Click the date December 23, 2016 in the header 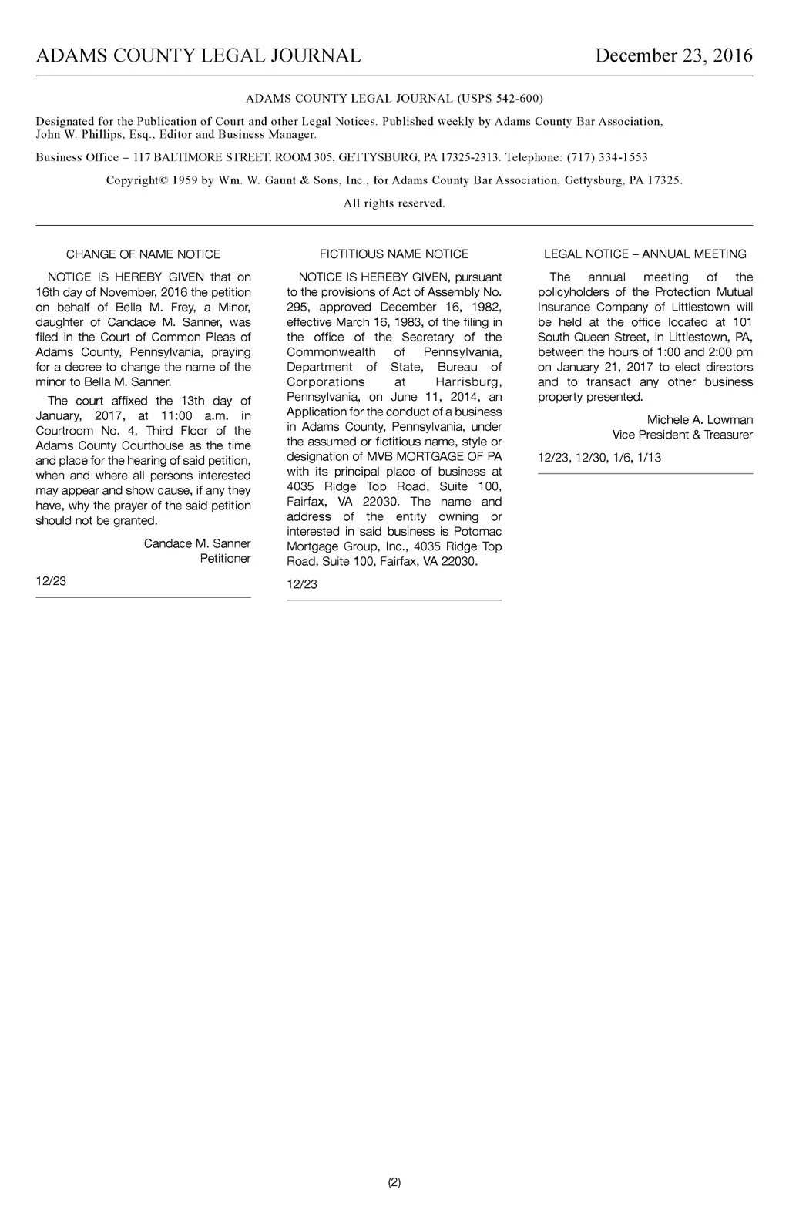(673, 56)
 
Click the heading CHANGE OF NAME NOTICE (143, 254)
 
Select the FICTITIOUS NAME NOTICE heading (394, 254)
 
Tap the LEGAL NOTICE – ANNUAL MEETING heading (645, 254)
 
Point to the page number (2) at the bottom (394, 1182)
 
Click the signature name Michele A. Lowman (700, 420)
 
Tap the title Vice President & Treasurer (682, 435)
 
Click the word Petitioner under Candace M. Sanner (225, 559)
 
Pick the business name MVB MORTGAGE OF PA (434, 457)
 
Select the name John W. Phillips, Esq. (92, 135)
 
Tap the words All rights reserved (394, 203)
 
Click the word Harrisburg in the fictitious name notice (468, 382)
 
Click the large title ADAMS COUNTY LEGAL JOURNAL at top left (198, 56)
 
